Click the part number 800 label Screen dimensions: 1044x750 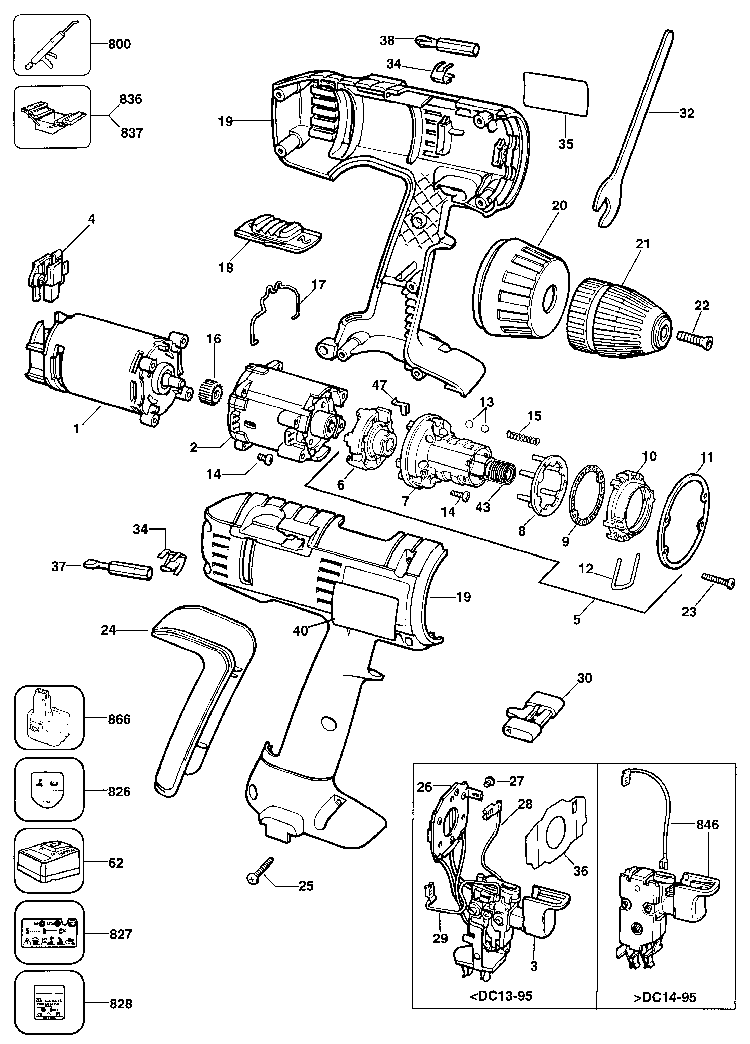coord(119,44)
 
